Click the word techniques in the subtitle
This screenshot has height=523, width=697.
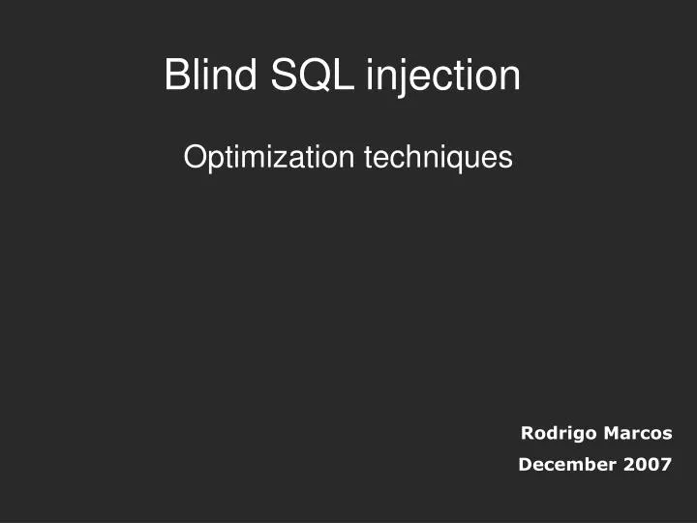(x=438, y=158)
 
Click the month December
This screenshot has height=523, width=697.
(x=567, y=465)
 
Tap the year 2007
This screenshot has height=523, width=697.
(x=648, y=465)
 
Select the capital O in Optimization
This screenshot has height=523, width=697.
(x=194, y=157)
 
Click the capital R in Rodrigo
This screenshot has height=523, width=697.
(x=528, y=433)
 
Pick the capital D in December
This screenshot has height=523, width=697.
(x=525, y=465)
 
